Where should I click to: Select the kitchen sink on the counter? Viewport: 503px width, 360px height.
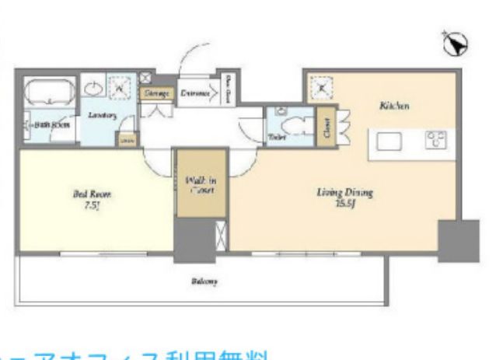[x=387, y=141]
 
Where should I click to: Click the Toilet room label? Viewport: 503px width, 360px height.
[x=277, y=138]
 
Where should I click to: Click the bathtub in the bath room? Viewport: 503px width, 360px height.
[x=48, y=93]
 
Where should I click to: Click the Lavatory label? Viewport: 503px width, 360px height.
[x=102, y=115]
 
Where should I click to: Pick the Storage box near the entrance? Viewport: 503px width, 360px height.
[x=156, y=93]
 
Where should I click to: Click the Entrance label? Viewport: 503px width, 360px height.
[x=196, y=94]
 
